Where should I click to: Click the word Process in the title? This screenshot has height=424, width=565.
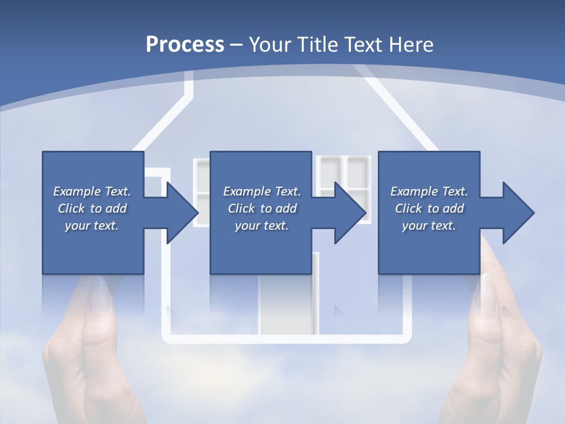pyautogui.click(x=185, y=45)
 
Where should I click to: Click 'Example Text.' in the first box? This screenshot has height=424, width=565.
pyautogui.click(x=92, y=191)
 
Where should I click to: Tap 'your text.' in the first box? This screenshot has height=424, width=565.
pyautogui.click(x=92, y=226)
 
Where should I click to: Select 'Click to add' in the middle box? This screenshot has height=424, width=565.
pyautogui.click(x=262, y=208)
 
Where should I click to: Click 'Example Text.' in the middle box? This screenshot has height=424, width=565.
pyautogui.click(x=262, y=191)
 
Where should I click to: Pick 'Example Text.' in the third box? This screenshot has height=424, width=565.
pyautogui.click(x=429, y=191)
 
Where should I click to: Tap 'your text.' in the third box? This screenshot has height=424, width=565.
pyautogui.click(x=429, y=226)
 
